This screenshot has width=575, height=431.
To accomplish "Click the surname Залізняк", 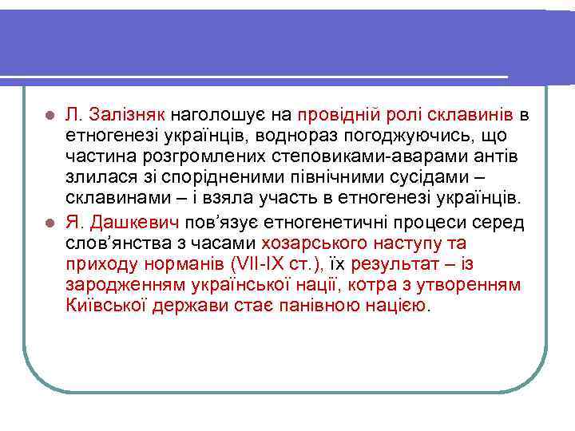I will (x=126, y=115).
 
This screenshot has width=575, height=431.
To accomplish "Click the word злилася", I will (x=94, y=177).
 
